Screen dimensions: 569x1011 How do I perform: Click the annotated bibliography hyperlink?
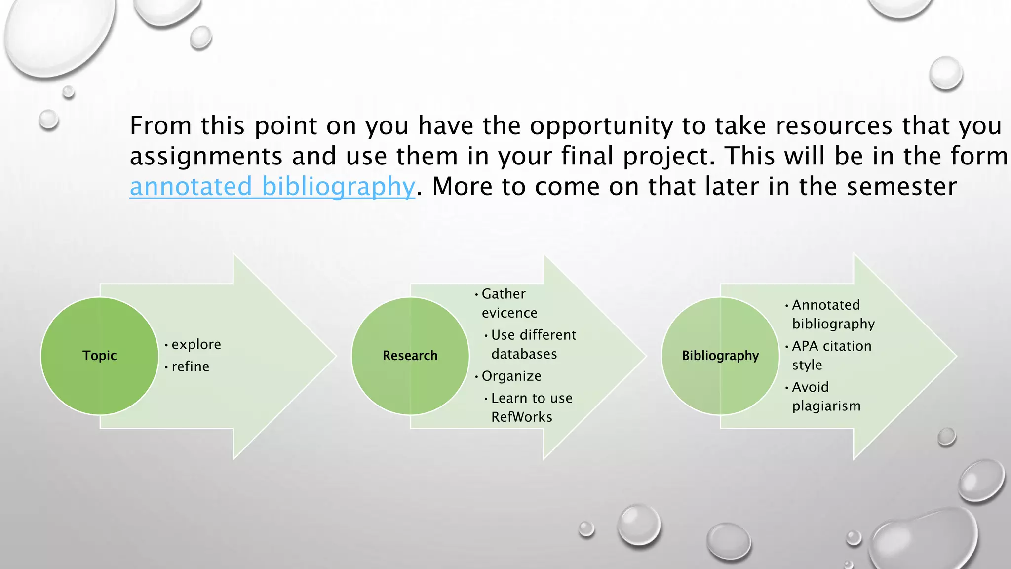(272, 187)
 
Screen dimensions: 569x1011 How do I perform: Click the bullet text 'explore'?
(196, 345)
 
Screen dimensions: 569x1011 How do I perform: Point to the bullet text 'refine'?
(190, 366)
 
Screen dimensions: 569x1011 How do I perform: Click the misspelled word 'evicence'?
(509, 313)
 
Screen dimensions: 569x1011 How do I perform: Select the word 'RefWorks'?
(522, 417)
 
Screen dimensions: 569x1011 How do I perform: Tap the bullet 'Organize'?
(511, 376)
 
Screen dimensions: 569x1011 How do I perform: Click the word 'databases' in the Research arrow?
(524, 354)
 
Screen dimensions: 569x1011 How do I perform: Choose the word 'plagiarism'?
(826, 406)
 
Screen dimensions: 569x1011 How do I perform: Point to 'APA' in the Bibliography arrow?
(805, 346)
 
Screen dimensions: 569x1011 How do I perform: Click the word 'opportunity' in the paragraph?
(601, 126)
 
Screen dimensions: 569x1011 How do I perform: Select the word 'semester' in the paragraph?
(901, 187)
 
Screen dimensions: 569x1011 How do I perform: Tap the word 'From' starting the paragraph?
(160, 126)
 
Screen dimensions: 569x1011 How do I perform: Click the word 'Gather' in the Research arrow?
(504, 294)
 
